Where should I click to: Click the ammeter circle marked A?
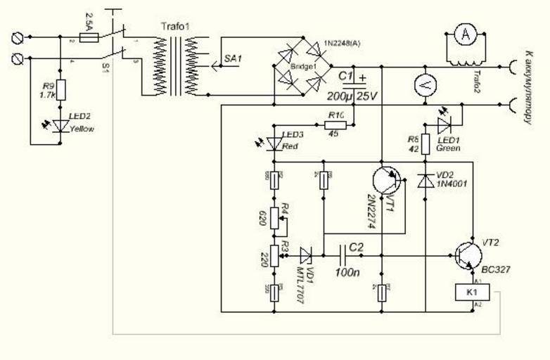pos(463,34)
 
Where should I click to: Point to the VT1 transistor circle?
pos(387,181)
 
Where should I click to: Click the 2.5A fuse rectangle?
pos(89,36)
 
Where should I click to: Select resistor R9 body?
pos(60,90)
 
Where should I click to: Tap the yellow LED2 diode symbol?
pos(60,125)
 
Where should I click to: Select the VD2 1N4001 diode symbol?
pos(425,181)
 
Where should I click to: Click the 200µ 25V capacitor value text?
pos(351,96)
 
